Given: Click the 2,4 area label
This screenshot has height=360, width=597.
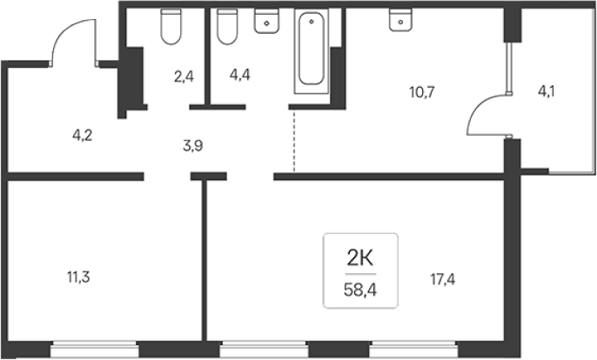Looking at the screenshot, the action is click(184, 77).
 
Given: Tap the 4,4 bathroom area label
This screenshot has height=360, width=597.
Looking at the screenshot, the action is click(240, 75).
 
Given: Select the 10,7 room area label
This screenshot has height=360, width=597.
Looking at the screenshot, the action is click(422, 92).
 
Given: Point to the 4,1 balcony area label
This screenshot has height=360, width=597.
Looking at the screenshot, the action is click(546, 91).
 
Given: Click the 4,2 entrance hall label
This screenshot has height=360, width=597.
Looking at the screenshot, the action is click(82, 135).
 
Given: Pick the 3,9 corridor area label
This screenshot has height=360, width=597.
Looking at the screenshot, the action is click(193, 146).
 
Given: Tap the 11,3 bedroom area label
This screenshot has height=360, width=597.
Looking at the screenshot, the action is click(78, 277).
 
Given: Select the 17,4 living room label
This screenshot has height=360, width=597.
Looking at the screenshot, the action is click(443, 280).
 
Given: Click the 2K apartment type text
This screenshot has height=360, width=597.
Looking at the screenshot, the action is click(360, 259).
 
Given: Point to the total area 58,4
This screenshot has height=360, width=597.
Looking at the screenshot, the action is click(360, 290).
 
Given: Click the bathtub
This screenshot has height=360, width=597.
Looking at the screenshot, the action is click(312, 51).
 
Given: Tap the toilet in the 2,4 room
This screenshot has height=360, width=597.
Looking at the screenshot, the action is click(171, 27).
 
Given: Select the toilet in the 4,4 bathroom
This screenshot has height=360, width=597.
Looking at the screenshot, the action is click(228, 27).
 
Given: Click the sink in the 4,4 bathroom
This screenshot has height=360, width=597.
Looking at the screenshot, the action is click(266, 22).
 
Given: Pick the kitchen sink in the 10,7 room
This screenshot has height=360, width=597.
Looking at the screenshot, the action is click(400, 20).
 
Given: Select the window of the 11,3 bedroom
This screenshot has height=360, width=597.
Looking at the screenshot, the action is click(94, 349).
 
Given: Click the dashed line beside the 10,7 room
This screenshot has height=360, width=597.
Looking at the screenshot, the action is click(293, 140).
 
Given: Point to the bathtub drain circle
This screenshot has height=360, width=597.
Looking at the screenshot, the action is click(312, 22).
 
